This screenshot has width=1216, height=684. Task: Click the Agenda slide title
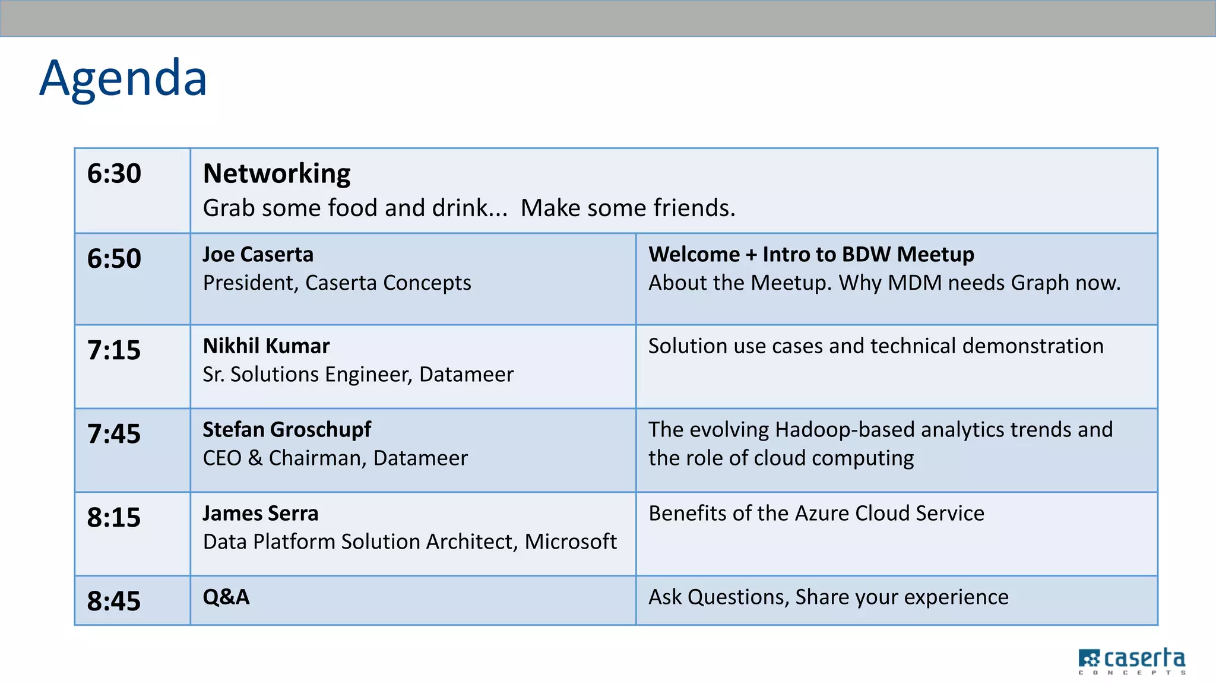pyautogui.click(x=123, y=78)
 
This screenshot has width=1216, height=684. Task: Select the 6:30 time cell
pyautogui.click(x=114, y=174)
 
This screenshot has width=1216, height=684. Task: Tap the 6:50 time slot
pyautogui.click(x=114, y=259)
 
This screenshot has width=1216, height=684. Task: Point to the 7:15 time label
pyautogui.click(x=114, y=350)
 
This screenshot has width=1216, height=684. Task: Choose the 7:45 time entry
pyautogui.click(x=114, y=434)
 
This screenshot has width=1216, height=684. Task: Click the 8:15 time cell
pyautogui.click(x=114, y=518)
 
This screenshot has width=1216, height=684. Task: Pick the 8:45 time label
pyautogui.click(x=114, y=601)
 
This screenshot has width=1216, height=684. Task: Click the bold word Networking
pyautogui.click(x=277, y=174)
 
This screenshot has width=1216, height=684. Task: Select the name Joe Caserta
pyautogui.click(x=258, y=255)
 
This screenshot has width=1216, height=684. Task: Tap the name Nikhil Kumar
pyautogui.click(x=266, y=346)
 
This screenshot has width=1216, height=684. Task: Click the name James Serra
pyautogui.click(x=261, y=514)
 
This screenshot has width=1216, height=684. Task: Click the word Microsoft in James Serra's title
pyautogui.click(x=571, y=541)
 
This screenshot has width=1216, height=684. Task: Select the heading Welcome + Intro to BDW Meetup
pyautogui.click(x=811, y=255)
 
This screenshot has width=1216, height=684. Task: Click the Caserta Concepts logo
pyautogui.click(x=1132, y=661)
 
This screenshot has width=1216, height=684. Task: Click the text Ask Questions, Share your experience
pyautogui.click(x=828, y=597)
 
